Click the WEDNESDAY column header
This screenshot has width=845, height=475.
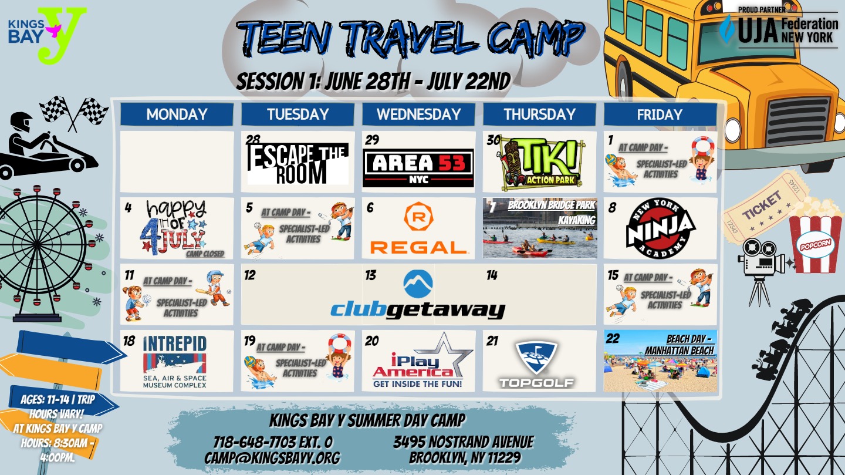point(418,114)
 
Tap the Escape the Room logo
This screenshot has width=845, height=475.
point(298,163)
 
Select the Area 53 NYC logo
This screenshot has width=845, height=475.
point(418,168)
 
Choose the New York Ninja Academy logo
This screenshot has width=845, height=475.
point(661,228)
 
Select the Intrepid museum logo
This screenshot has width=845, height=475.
point(175,362)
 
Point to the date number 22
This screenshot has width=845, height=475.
point(613,338)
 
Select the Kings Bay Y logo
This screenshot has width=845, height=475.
point(47,35)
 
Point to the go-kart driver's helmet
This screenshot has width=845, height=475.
point(21,122)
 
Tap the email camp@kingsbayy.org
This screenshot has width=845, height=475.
point(272,457)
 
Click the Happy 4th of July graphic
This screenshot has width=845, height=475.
point(176,228)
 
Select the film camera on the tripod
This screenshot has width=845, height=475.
point(760,272)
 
